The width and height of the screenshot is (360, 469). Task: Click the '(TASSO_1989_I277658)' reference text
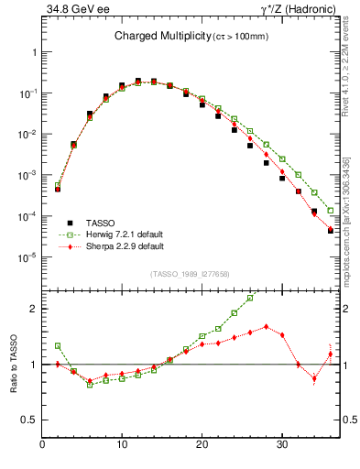coord(191,273)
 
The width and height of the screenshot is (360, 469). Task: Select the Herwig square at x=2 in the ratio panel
coord(58,346)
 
